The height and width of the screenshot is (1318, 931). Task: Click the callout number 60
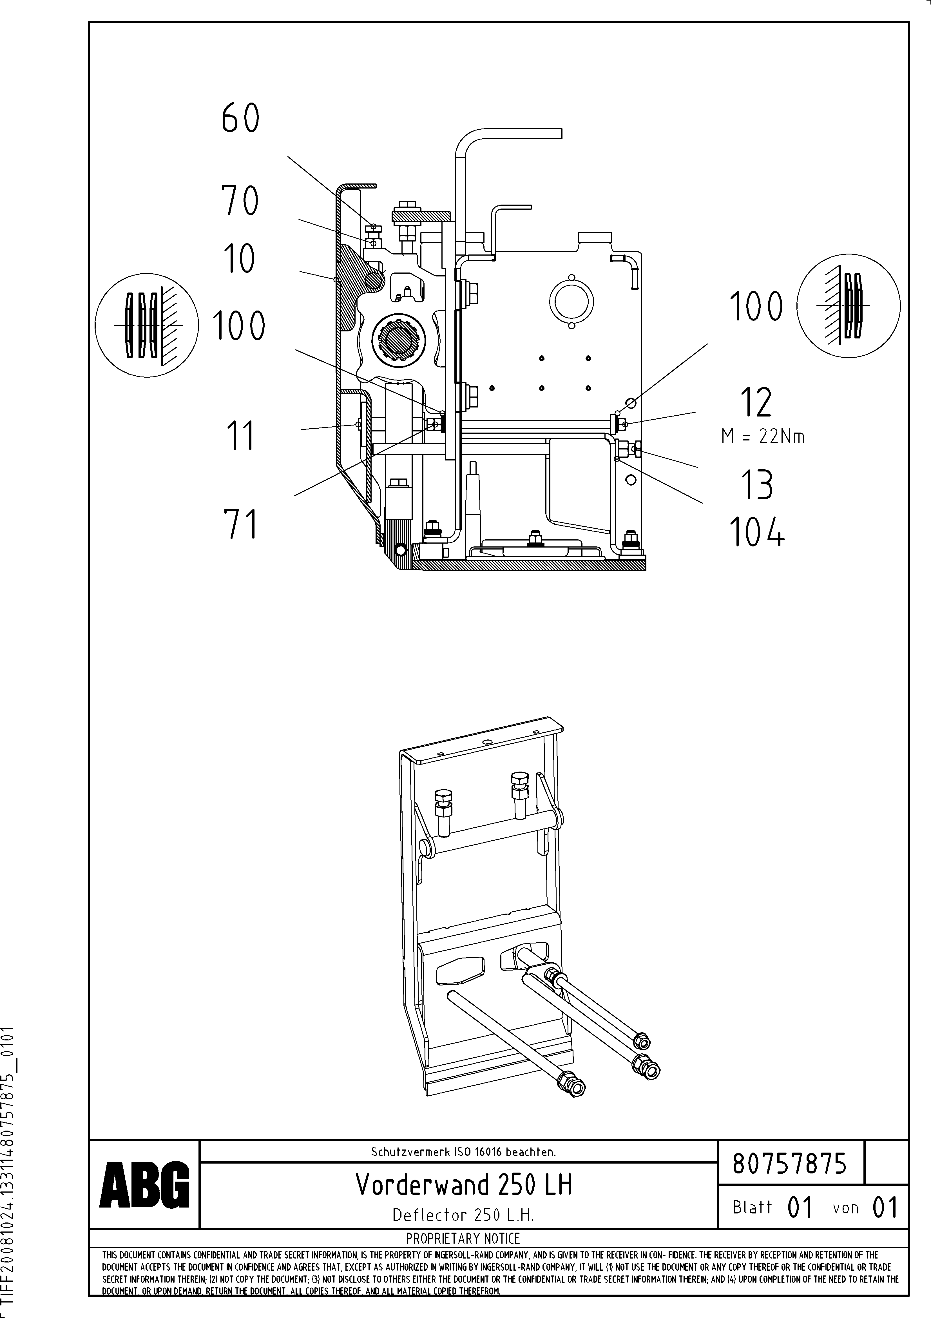(240, 119)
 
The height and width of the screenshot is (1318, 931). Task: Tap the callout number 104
(757, 532)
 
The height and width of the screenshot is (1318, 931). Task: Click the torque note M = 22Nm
(763, 437)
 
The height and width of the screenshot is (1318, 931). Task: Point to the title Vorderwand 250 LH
(463, 1184)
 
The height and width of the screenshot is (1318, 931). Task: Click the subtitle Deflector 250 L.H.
(463, 1215)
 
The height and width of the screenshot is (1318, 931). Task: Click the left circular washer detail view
(146, 325)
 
